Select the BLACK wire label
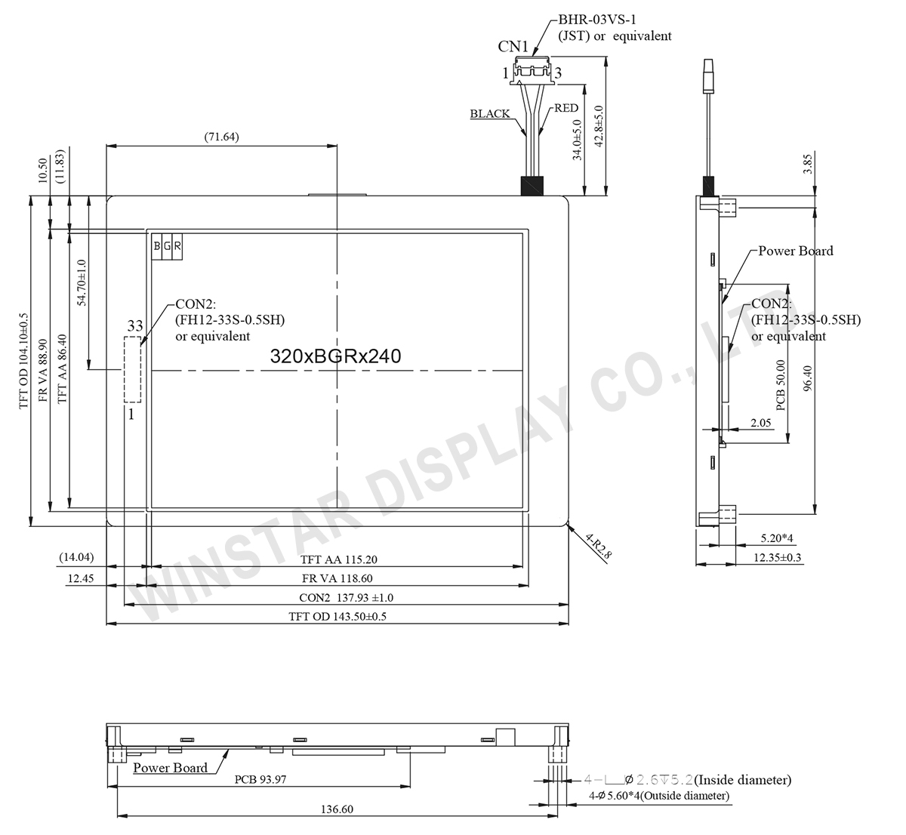click(x=490, y=114)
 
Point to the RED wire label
click(x=565, y=109)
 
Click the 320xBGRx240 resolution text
click(x=335, y=357)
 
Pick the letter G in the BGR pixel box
click(x=167, y=246)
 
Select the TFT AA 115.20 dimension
click(x=337, y=559)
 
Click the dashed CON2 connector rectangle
click(x=133, y=369)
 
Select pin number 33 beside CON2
click(x=134, y=326)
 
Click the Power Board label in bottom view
click(x=170, y=768)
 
